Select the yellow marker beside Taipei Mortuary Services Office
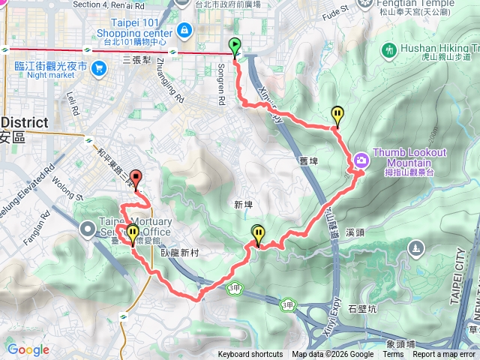133,233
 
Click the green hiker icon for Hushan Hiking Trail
388,50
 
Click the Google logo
28,349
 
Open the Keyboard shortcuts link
250,355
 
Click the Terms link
393,355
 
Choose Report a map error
444,355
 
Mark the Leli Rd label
73,102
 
